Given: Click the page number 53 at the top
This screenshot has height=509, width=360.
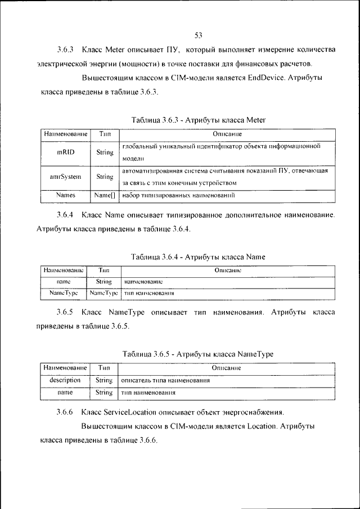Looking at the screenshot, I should point(198,35).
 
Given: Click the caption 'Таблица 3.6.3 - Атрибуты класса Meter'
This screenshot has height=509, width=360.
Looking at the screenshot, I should point(198,120).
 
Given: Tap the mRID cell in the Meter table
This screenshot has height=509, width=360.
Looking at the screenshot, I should point(65,152).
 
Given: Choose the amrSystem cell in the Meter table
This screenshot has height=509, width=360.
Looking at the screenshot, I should point(65,176).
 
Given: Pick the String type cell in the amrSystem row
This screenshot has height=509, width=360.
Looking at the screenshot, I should point(105,176).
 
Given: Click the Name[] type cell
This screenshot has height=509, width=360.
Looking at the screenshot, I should point(105,196).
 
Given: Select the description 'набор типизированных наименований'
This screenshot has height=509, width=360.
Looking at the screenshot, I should point(178,196).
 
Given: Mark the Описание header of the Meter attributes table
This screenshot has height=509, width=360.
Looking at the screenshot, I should point(227,134).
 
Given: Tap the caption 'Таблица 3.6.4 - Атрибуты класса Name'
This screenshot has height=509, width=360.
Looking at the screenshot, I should point(198,257).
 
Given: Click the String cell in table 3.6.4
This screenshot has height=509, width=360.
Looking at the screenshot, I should point(103,281).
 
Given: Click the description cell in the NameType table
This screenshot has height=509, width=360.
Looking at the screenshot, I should point(65,380).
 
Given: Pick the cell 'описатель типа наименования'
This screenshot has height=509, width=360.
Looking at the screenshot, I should point(166,381).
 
